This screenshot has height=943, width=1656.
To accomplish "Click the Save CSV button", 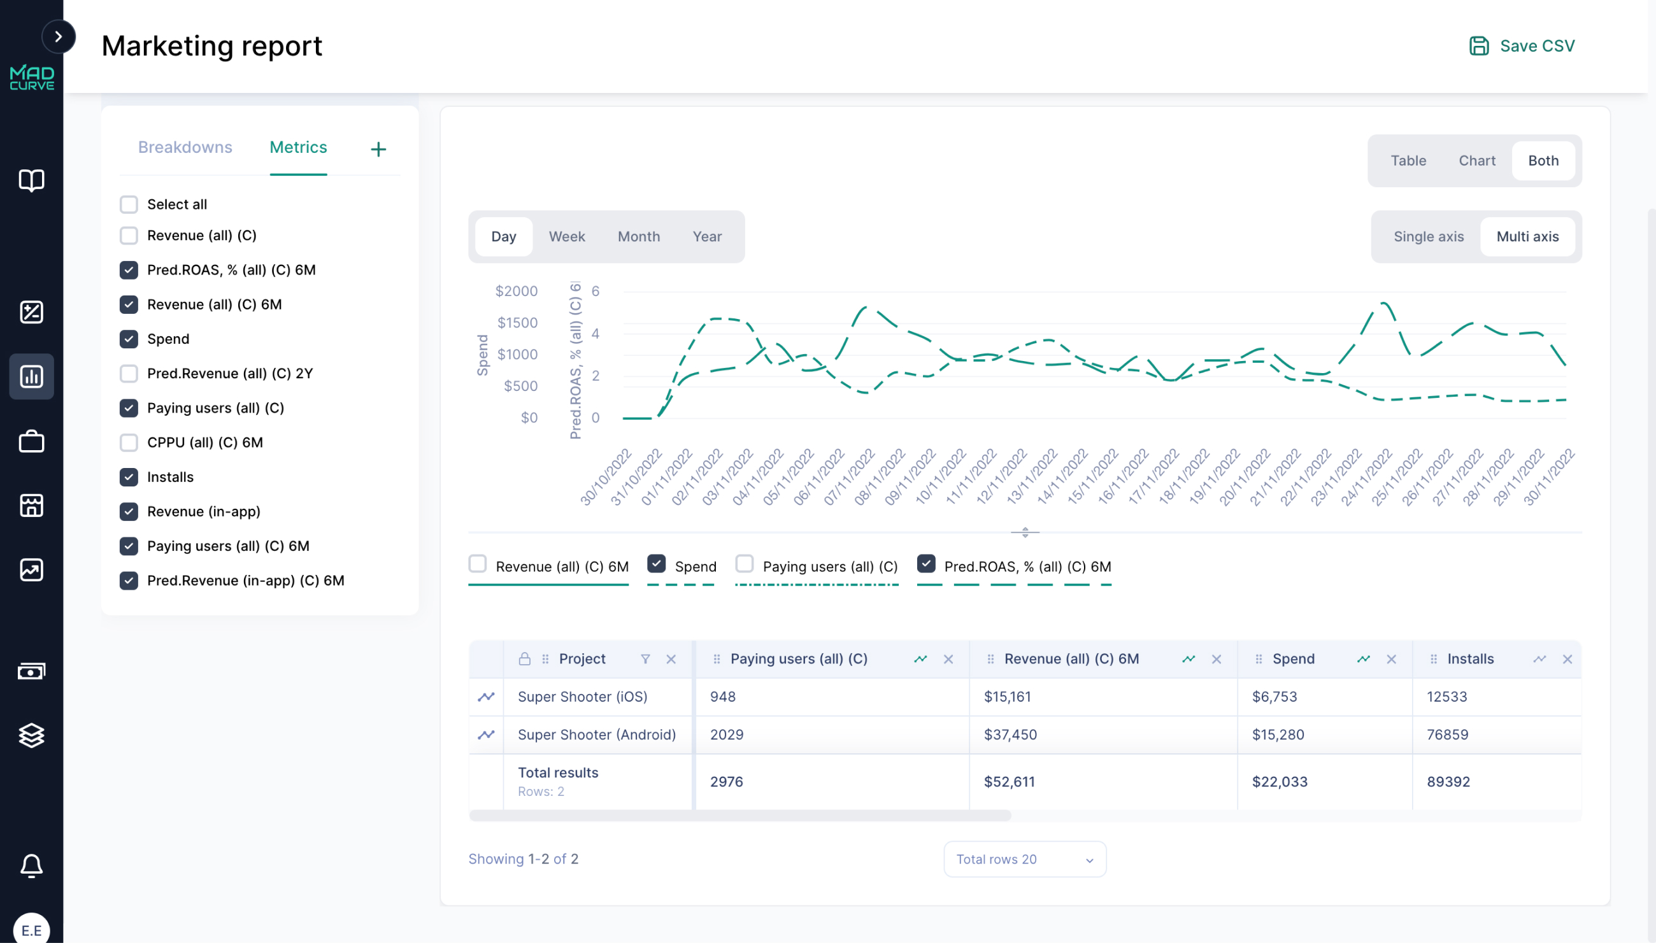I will pyautogui.click(x=1521, y=46).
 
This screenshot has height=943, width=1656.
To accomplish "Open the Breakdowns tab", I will pyautogui.click(x=185, y=147).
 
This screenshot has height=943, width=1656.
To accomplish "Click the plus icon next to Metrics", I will pyautogui.click(x=378, y=149).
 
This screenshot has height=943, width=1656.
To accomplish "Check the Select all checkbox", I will pyautogui.click(x=129, y=204).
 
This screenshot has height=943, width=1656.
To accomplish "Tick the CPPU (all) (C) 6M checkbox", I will pyautogui.click(x=129, y=443).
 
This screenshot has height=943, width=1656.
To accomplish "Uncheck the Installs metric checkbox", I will pyautogui.click(x=129, y=477).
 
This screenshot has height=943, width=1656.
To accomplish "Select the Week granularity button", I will pyautogui.click(x=566, y=236).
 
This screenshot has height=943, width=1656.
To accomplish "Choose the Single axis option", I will pyautogui.click(x=1428, y=236).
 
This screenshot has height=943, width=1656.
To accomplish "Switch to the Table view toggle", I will pyautogui.click(x=1408, y=160).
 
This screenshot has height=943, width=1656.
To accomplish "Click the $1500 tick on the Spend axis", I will pyautogui.click(x=517, y=323).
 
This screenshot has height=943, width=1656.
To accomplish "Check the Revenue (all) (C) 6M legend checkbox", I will pyautogui.click(x=478, y=564).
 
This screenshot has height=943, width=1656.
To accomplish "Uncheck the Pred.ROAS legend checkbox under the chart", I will pyautogui.click(x=926, y=564).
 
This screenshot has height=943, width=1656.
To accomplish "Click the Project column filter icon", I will pyautogui.click(x=645, y=658).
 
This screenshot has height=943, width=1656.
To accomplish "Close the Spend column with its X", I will pyautogui.click(x=1391, y=658).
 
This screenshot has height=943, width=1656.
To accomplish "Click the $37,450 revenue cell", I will pyautogui.click(x=1010, y=734).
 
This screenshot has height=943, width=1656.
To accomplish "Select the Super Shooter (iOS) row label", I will pyautogui.click(x=582, y=696).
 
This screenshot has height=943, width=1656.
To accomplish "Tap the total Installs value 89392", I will pyautogui.click(x=1448, y=782).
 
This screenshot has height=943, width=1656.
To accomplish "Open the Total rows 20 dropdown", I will pyautogui.click(x=1024, y=859).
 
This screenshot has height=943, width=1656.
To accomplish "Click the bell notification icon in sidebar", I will pyautogui.click(x=31, y=865).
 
